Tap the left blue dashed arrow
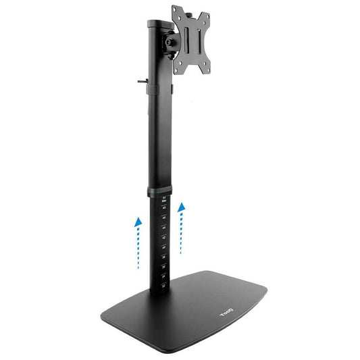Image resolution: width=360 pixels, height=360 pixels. (x=138, y=243)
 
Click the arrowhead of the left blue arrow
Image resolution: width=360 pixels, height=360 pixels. (x=138, y=221)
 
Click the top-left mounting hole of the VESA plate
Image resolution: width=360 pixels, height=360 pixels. (x=176, y=12)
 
